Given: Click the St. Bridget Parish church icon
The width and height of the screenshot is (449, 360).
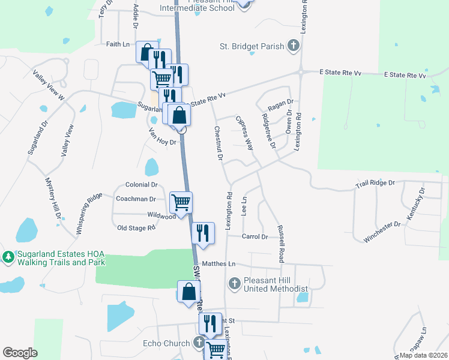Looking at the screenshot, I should [x=294, y=46].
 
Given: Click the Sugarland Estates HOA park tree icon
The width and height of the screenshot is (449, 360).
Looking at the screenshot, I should [x=8, y=257].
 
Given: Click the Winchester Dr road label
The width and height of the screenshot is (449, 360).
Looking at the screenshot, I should [x=382, y=232].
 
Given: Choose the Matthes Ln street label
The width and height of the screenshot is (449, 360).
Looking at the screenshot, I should [x=219, y=263].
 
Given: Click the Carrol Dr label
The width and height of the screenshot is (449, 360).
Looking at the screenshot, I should [x=255, y=237].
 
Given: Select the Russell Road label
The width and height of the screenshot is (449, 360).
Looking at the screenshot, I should [x=280, y=244].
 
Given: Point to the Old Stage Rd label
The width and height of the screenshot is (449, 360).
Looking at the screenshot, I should [x=136, y=228].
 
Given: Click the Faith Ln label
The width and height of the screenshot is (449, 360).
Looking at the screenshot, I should [x=118, y=44].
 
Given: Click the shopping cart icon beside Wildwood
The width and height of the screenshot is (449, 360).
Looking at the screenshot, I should [x=181, y=202].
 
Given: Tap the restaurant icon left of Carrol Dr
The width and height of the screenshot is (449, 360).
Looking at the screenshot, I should [x=203, y=232].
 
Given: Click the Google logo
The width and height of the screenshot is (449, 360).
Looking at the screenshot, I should [x=20, y=353].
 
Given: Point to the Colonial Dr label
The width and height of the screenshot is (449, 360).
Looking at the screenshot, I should [x=141, y=185].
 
